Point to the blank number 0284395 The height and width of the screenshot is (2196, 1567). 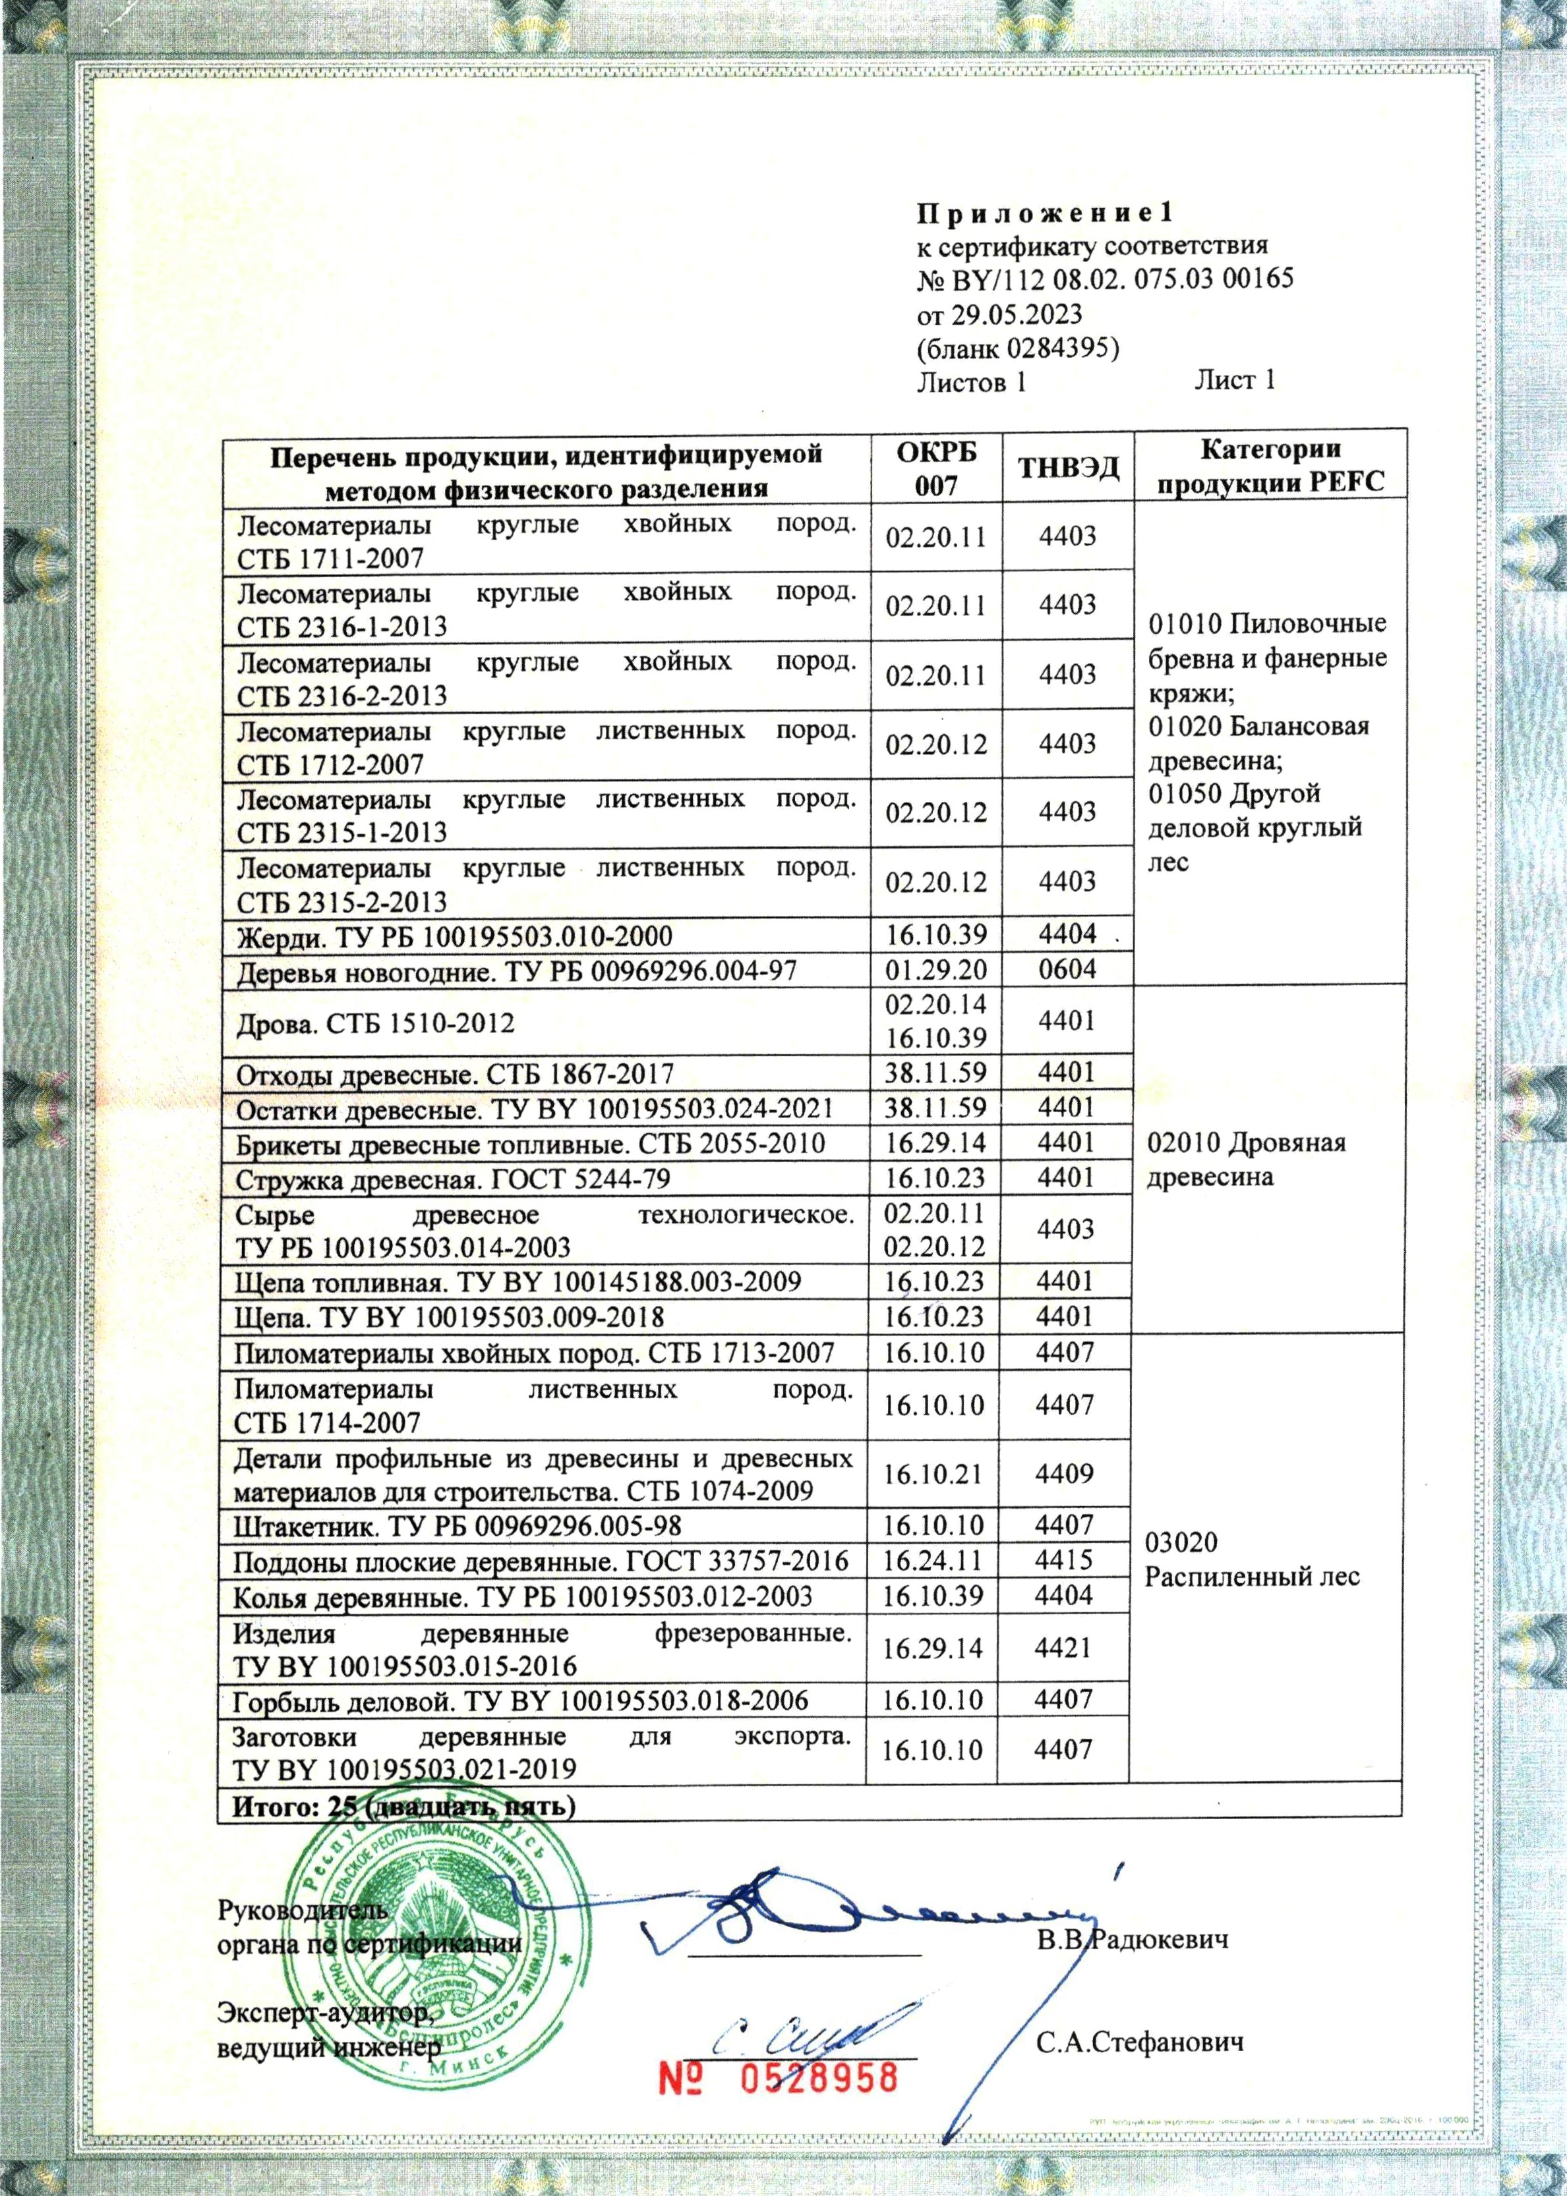coord(1061,348)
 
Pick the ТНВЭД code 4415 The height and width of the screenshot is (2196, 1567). coord(1063,1560)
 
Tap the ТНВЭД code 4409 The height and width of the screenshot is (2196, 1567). coord(1063,1474)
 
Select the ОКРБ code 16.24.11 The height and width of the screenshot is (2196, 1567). coord(932,1560)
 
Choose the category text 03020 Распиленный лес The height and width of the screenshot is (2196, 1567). coord(1251,1560)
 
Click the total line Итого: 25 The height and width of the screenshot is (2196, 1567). coord(403,1807)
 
